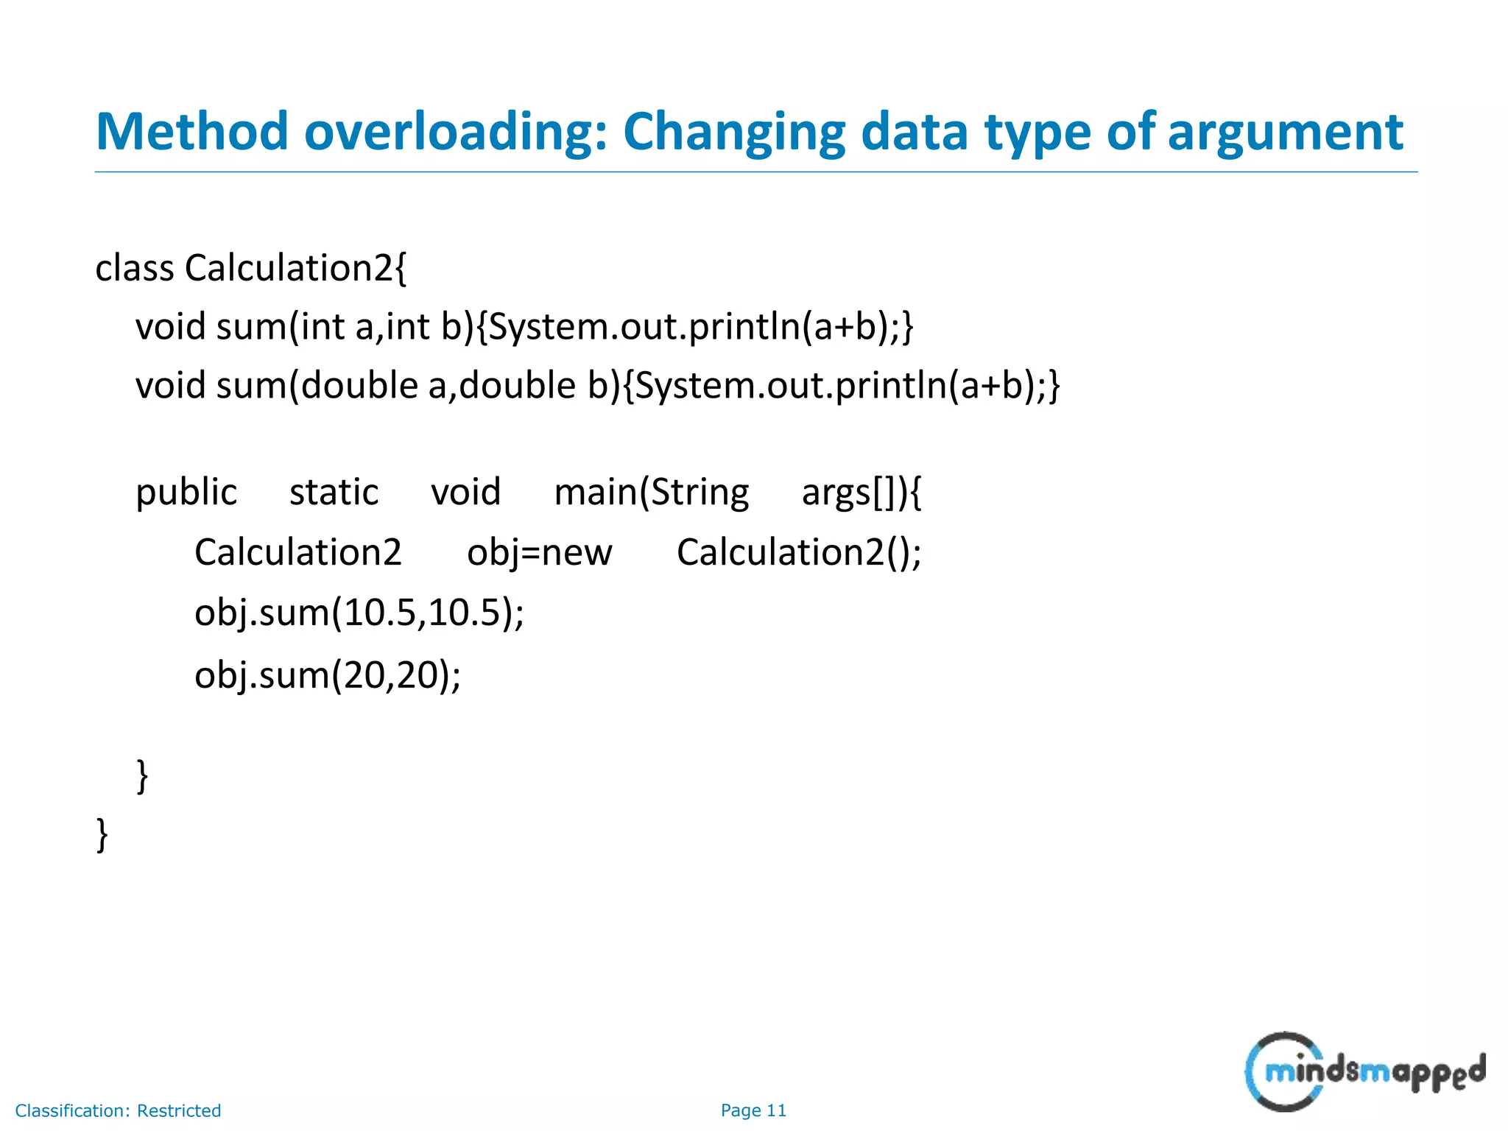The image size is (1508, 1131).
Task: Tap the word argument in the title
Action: (x=1285, y=133)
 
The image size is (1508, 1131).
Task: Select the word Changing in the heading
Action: (x=734, y=133)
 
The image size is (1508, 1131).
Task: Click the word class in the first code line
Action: (x=135, y=268)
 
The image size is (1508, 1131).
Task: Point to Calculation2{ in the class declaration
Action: (x=295, y=268)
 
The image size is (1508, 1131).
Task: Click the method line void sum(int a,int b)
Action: (x=524, y=326)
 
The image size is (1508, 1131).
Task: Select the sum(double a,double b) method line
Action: (x=597, y=386)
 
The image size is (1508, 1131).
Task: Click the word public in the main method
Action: (x=186, y=492)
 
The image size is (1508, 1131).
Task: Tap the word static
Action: (x=334, y=492)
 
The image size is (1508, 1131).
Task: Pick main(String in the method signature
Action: (x=651, y=492)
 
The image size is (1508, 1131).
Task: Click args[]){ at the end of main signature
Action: (x=861, y=492)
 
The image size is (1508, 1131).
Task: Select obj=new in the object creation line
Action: (x=539, y=552)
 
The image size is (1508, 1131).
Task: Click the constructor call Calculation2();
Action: (x=799, y=552)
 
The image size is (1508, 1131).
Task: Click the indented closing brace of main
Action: (x=143, y=776)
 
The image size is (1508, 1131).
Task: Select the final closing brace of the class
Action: (x=102, y=835)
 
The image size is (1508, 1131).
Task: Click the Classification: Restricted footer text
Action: (x=118, y=1110)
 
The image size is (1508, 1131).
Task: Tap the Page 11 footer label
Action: (x=753, y=1110)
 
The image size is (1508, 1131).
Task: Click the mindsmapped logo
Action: (x=1364, y=1072)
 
